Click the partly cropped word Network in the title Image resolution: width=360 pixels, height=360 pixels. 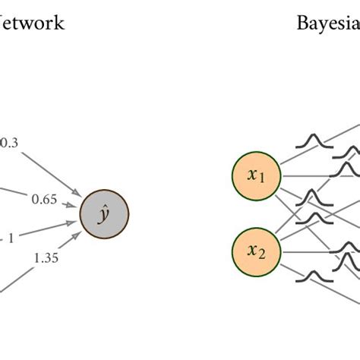tap(32, 23)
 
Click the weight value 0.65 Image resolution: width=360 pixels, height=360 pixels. tap(43, 200)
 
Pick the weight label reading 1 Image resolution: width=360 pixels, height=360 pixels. tap(11, 238)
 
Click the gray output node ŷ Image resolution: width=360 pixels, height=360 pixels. tap(104, 213)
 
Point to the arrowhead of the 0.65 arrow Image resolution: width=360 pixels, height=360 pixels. tap(74, 205)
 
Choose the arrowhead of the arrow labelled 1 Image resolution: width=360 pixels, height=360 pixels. tap(74, 221)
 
